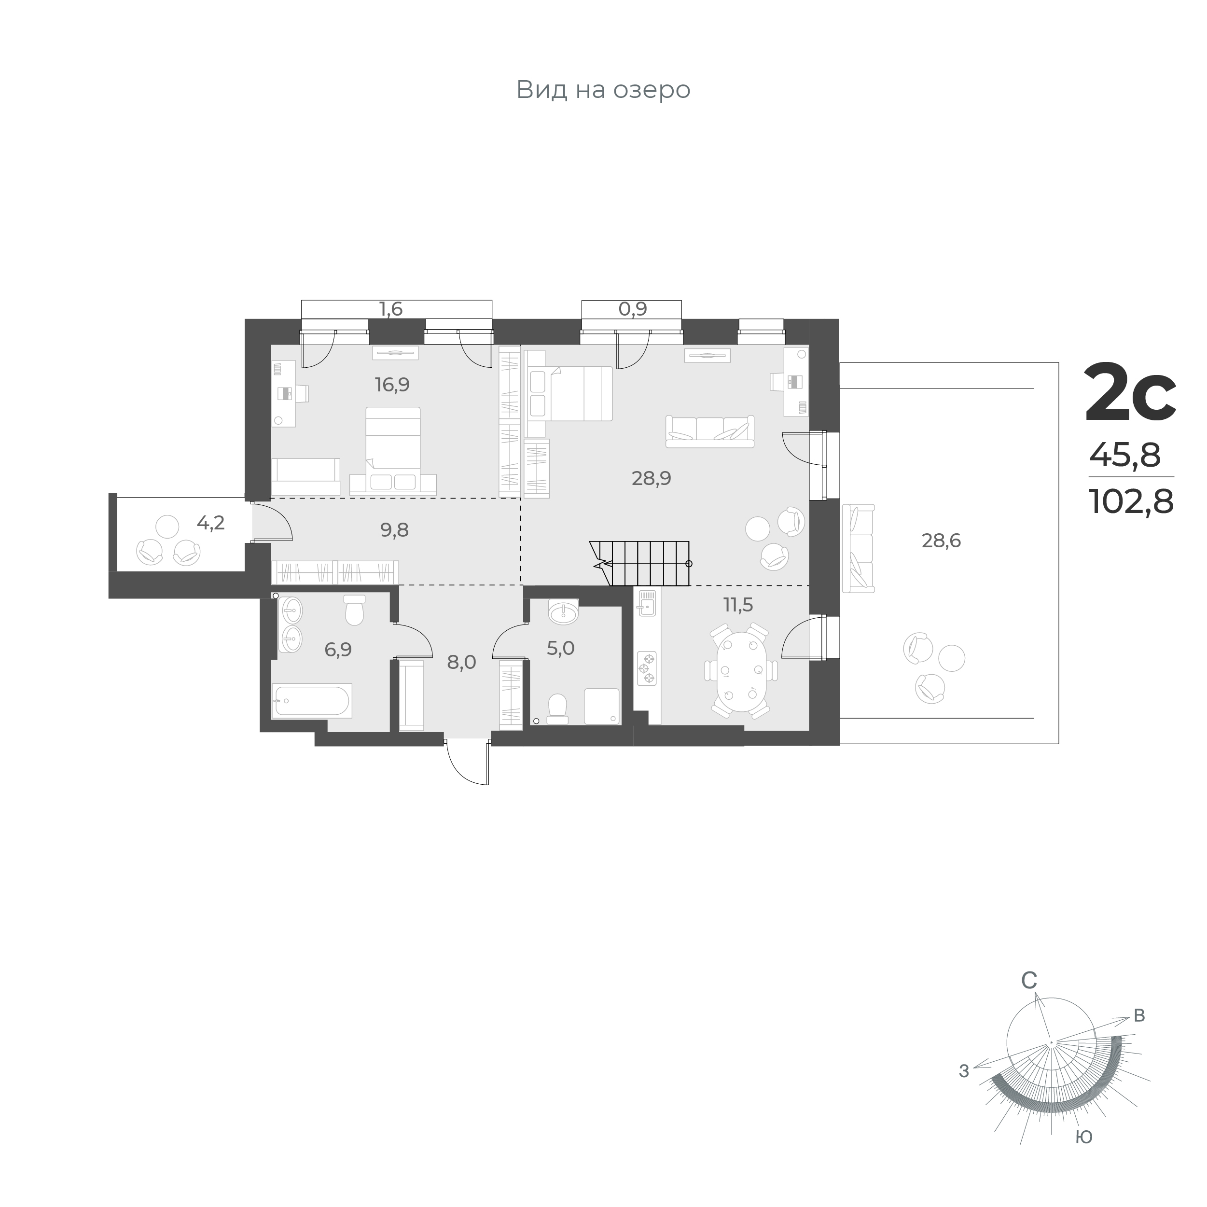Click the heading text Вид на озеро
tap(603, 90)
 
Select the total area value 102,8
tap(1131, 501)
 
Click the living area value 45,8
tap(1125, 456)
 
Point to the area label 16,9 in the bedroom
tap(392, 385)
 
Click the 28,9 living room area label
tap(651, 479)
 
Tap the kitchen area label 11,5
tap(738, 605)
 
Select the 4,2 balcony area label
tap(210, 523)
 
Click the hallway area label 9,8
tap(394, 530)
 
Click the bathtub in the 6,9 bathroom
tap(312, 700)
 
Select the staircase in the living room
tap(640, 564)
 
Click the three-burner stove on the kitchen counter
tap(647, 668)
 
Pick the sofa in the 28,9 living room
tap(710, 432)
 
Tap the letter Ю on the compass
tap(1084, 1137)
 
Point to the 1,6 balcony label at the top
tap(391, 309)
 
